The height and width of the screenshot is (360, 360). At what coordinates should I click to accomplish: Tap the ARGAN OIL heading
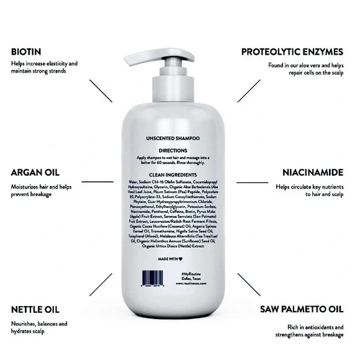35,173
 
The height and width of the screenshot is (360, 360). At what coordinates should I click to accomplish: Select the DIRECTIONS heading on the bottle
178,150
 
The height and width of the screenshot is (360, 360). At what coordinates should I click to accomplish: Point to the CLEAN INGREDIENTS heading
178,175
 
